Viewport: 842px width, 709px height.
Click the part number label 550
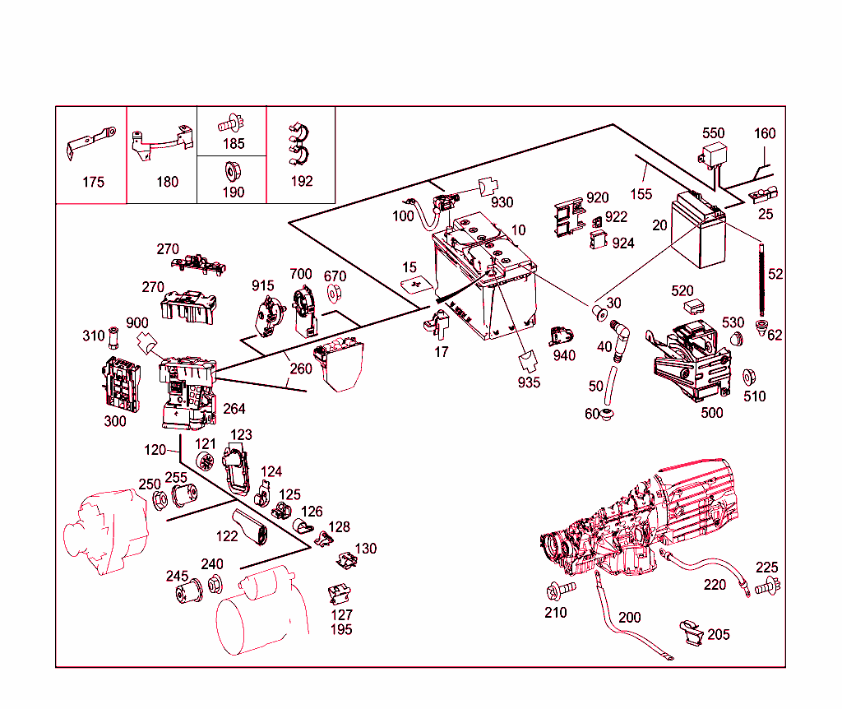[713, 133]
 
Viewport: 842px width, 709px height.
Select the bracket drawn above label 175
[90, 141]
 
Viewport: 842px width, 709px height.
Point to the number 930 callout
[502, 202]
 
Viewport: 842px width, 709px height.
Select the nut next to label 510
[748, 378]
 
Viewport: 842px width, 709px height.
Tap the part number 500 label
[711, 412]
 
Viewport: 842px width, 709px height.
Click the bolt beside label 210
[553, 590]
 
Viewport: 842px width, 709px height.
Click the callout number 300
[115, 421]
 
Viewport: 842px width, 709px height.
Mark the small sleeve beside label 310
[113, 336]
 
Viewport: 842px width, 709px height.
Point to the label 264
[234, 409]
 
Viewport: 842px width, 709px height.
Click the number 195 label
[341, 629]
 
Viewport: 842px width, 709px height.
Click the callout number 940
[564, 355]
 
